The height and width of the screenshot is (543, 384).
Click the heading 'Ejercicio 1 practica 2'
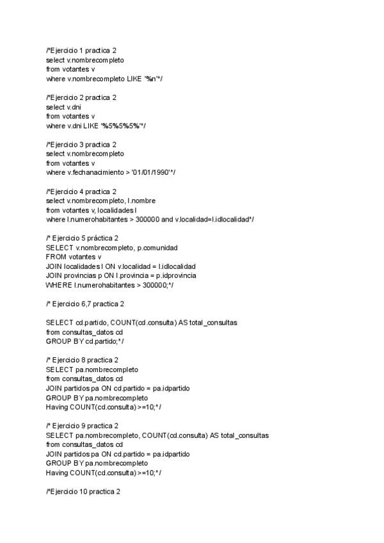[81, 50]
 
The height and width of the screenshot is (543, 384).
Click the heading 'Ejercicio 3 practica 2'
[81, 145]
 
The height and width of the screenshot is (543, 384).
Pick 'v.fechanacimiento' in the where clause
[93, 173]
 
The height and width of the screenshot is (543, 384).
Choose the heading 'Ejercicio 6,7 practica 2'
[86, 304]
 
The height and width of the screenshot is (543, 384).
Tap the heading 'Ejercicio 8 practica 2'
[83, 361]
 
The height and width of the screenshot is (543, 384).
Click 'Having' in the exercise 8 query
[57, 407]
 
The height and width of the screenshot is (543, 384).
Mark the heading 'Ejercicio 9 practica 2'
[83, 426]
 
